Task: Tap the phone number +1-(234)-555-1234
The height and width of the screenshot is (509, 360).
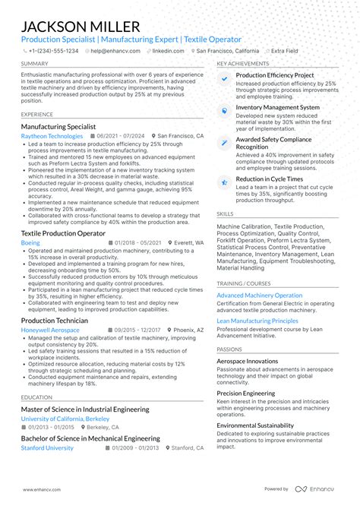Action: [x=52, y=51]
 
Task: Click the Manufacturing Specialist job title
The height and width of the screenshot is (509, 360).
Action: [x=58, y=126]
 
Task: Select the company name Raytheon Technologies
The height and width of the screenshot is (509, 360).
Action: [x=52, y=136]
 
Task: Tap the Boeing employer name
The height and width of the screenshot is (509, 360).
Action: [x=31, y=242]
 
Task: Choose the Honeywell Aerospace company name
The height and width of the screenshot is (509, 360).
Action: [x=52, y=330]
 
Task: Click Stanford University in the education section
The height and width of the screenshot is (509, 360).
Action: [x=48, y=448]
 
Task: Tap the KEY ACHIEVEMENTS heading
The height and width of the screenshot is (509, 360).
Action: [x=243, y=64]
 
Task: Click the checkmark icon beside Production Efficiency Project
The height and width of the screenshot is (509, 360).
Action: [x=224, y=77]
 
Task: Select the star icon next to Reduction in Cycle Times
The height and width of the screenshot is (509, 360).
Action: [x=224, y=181]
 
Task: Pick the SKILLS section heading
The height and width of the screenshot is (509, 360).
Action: [x=225, y=214]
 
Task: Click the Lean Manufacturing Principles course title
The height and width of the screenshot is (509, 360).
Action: [x=257, y=321]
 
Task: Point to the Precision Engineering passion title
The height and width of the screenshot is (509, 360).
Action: [x=245, y=393]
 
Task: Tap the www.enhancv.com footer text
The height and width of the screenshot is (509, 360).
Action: [x=41, y=488]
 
